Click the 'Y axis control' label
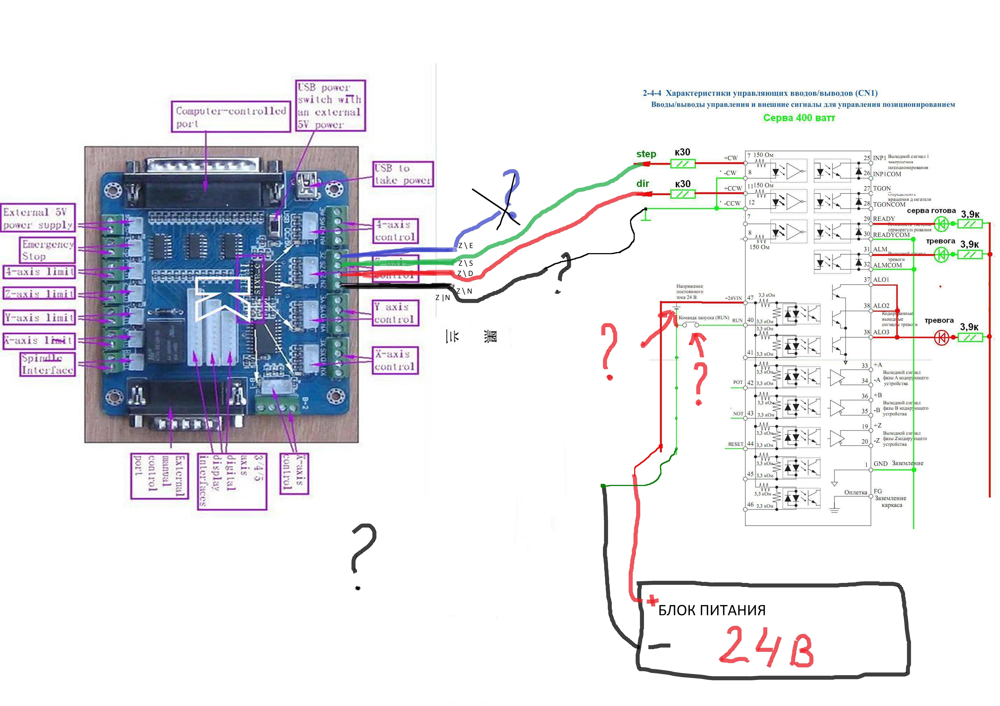395,313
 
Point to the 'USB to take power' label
403,174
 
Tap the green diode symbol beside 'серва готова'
941,224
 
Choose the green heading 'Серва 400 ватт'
799,118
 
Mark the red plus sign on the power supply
652,601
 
